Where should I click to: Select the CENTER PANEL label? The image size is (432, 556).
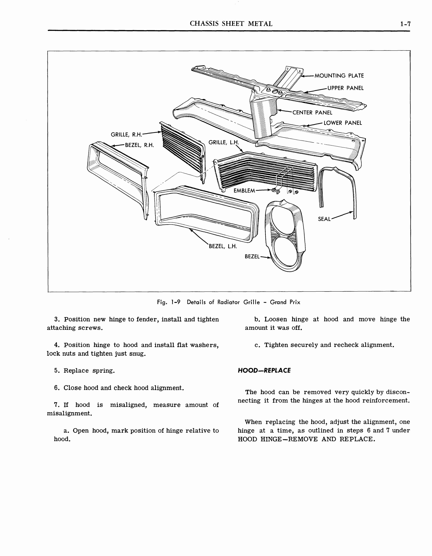coord(312,113)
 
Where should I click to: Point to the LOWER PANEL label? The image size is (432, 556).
coord(343,123)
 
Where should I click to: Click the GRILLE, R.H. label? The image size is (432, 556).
coord(126,134)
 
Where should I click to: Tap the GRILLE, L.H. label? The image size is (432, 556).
coord(224,142)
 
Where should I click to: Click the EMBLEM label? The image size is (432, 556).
coord(244,190)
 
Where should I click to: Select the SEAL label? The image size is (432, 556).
coord(324,219)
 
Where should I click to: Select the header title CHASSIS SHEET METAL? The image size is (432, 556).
coord(231,24)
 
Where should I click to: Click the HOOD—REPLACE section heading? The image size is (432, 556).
coord(264,370)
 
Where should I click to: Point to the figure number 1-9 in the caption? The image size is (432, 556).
coord(176,302)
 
